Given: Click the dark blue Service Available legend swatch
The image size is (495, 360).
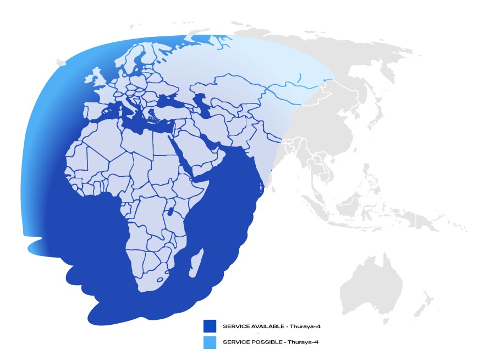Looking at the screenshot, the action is tap(210, 326).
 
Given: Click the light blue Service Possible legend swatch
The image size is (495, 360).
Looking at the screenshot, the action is tap(210, 342).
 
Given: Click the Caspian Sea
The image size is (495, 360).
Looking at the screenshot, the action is tap(203, 105).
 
